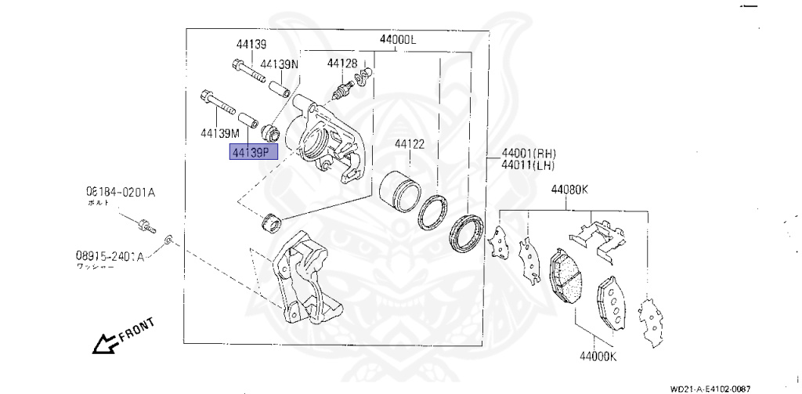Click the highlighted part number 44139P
tap(253, 151)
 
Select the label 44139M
tap(218, 132)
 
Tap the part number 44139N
tap(280, 64)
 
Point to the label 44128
tap(342, 63)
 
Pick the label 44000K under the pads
tap(598, 357)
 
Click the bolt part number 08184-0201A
tap(121, 190)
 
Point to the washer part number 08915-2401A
tap(110, 255)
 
